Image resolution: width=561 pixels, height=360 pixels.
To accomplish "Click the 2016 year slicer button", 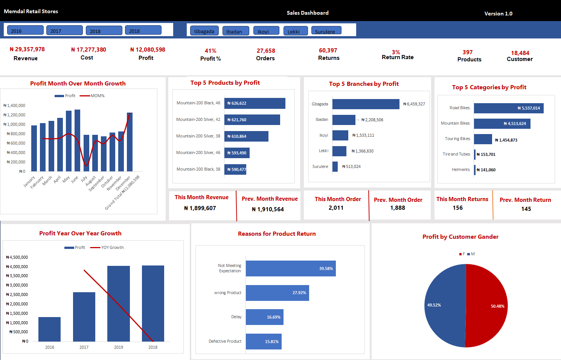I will [x=25, y=31].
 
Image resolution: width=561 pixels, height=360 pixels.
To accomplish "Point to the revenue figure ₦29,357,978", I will [x=27, y=49].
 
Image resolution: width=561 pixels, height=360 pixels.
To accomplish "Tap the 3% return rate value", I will [x=396, y=52].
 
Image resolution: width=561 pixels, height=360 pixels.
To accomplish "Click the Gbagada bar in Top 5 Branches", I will [x=366, y=104].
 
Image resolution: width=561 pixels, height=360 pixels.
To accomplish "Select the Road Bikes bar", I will [x=508, y=108].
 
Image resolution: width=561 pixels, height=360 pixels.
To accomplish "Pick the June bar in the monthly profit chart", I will [x=77, y=140].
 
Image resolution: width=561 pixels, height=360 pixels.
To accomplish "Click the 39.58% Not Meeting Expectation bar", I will [x=290, y=268].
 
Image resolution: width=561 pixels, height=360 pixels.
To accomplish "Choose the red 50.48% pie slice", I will [x=488, y=306].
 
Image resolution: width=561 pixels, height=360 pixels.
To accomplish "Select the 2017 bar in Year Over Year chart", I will [x=84, y=317].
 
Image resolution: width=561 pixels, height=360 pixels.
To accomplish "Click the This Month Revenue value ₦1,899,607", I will [x=200, y=208].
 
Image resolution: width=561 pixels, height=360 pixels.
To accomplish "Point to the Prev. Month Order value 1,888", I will [x=398, y=208].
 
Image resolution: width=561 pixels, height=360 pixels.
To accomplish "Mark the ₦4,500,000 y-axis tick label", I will [x=17, y=257].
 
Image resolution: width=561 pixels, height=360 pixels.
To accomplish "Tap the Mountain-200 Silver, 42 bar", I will [x=252, y=120].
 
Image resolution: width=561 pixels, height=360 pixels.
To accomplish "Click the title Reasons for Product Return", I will [x=277, y=234].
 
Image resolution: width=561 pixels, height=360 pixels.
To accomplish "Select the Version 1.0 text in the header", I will [x=498, y=14].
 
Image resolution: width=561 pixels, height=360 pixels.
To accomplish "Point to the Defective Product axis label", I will [x=225, y=341].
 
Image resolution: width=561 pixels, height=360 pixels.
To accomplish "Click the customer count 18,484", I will [x=520, y=53].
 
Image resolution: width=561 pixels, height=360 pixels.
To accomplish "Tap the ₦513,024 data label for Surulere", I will [x=351, y=166].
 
